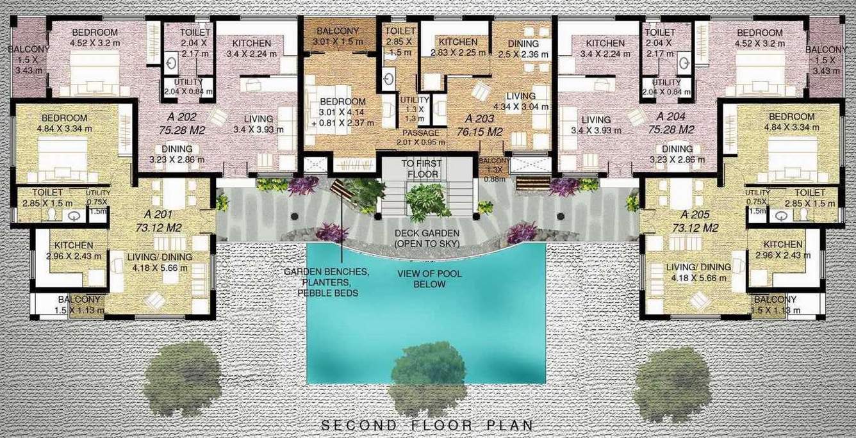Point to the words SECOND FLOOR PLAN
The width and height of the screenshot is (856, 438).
point(427,425)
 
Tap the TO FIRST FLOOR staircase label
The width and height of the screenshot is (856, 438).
point(420,168)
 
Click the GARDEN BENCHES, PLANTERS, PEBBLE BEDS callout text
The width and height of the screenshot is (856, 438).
point(327,282)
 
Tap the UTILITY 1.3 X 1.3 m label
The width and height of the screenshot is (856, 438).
point(415,109)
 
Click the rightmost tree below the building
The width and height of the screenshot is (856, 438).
point(673,375)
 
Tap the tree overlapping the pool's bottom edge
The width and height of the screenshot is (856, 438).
point(427,371)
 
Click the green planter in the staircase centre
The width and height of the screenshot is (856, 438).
point(428,200)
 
